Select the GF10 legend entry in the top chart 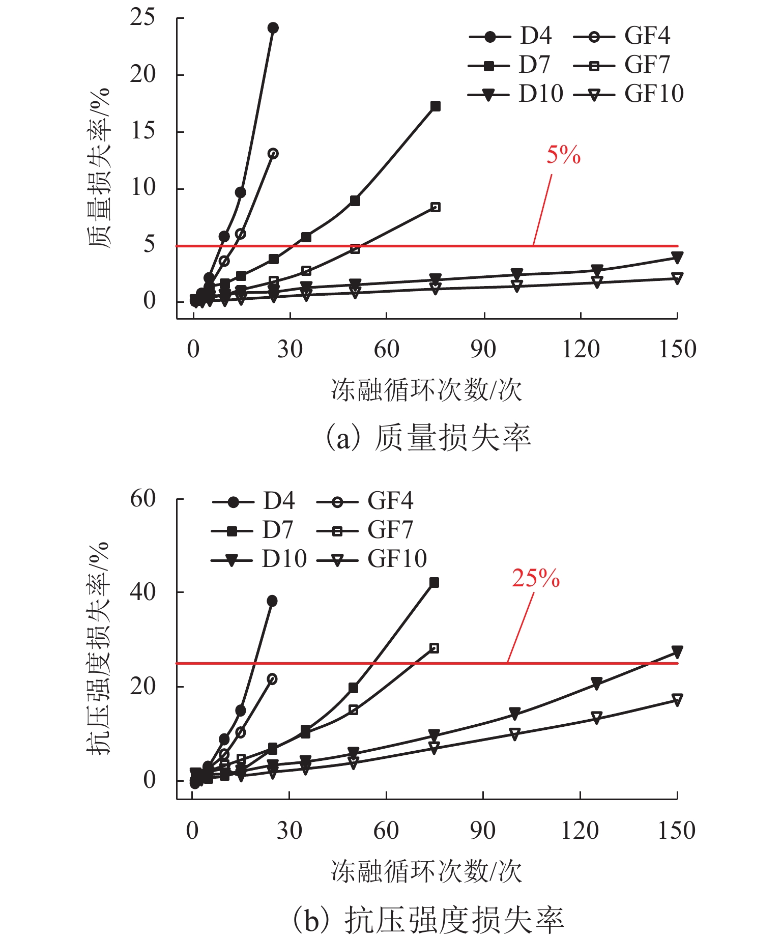click(x=629, y=94)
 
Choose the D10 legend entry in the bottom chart click(x=259, y=560)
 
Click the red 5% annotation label click(x=563, y=155)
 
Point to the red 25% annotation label click(x=535, y=579)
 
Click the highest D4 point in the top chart click(x=273, y=28)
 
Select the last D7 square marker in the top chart click(x=436, y=106)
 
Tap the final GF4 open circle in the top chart click(x=273, y=154)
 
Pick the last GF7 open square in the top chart click(x=436, y=207)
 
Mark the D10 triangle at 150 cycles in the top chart click(x=677, y=257)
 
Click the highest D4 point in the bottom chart click(x=272, y=601)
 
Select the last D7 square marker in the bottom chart click(x=434, y=583)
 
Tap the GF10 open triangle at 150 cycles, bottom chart click(x=677, y=699)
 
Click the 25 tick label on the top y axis click(x=143, y=18)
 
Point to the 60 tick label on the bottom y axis click(x=143, y=499)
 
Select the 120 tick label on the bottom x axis click(x=580, y=831)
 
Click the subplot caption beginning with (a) click(x=428, y=438)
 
